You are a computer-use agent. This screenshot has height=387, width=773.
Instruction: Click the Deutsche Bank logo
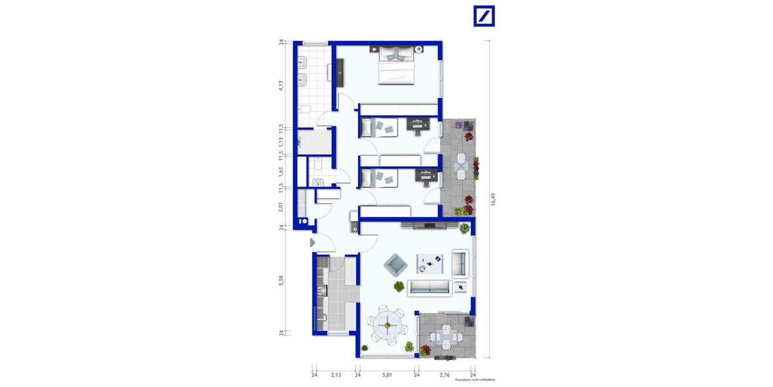pyautogui.click(x=484, y=16)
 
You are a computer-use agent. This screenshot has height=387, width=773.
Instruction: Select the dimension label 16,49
pyautogui.click(x=493, y=200)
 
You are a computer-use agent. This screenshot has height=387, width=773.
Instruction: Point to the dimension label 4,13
pyautogui.click(x=282, y=85)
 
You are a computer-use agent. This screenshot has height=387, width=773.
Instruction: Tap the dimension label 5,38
pyautogui.click(x=282, y=281)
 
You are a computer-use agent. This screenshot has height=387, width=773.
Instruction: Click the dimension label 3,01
pyautogui.click(x=386, y=375)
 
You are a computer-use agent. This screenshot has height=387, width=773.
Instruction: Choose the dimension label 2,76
pyautogui.click(x=444, y=375)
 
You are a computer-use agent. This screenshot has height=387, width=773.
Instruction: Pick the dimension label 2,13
pyautogui.click(x=336, y=375)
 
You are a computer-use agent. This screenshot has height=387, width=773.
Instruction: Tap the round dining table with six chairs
pyautogui.click(x=387, y=326)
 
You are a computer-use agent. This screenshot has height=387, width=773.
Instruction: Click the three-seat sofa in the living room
pyautogui.click(x=430, y=287)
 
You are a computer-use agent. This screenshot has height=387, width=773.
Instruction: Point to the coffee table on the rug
pyautogui.click(x=430, y=261)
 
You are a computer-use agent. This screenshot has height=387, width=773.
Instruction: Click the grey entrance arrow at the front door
pyautogui.click(x=312, y=243)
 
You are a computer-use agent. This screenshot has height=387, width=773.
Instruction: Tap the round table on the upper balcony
pyautogui.click(x=461, y=166)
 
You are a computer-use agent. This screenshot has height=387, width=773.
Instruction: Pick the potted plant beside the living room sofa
pyautogui.click(x=399, y=286)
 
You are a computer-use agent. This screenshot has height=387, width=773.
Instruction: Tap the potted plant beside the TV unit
pyautogui.click(x=464, y=228)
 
